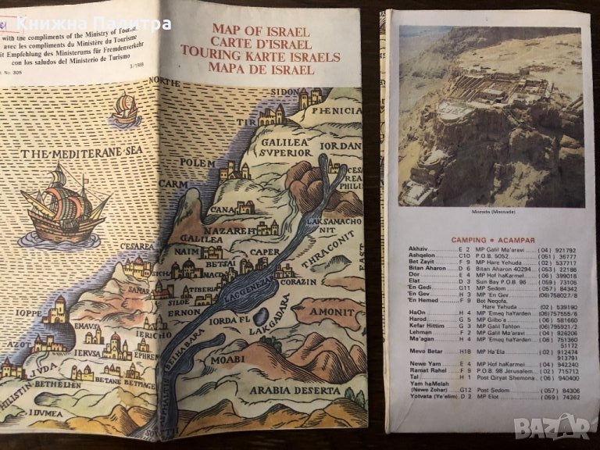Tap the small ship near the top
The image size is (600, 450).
click(125, 109)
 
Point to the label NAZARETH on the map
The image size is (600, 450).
click(232, 232)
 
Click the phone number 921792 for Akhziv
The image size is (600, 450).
click(567, 248)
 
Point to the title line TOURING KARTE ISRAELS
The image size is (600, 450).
click(260, 57)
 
